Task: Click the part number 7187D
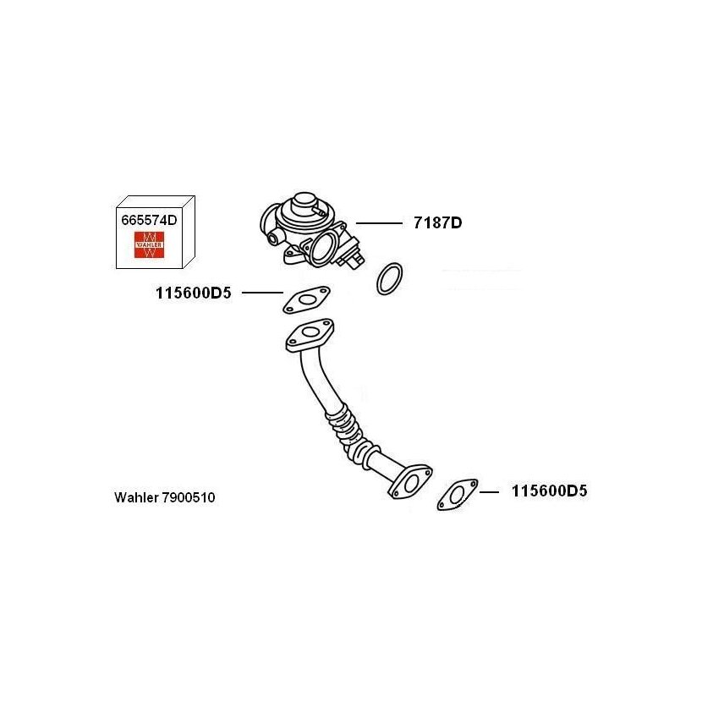437,222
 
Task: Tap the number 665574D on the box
149,220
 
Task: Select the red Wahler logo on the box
149,244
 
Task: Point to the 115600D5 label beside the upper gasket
194,293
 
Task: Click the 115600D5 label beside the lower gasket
549,491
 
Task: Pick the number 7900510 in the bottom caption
189,497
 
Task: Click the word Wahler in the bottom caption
136,497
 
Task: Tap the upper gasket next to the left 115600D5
306,299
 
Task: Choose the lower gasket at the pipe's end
457,495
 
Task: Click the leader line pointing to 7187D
379,223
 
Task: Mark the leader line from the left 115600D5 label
262,293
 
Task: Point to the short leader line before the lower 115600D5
490,492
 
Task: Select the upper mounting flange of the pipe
310,335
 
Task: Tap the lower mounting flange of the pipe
410,482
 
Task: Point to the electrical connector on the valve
354,255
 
